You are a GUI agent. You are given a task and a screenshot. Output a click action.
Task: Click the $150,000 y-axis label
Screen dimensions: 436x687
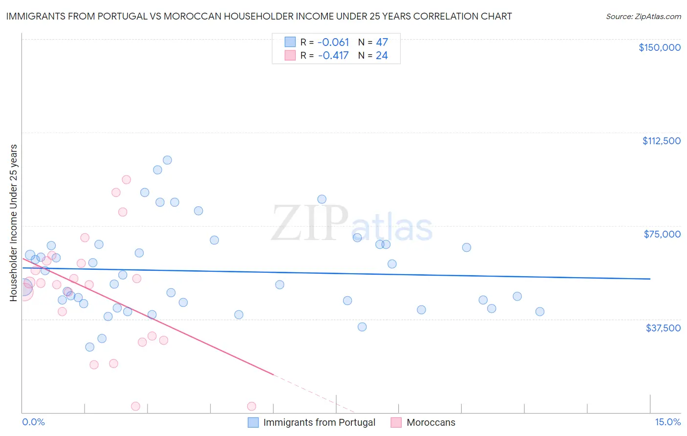coord(659,47)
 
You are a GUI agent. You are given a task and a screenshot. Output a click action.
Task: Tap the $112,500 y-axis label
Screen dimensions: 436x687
coord(661,141)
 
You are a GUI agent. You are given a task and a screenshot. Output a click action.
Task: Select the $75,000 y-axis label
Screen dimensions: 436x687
coord(662,234)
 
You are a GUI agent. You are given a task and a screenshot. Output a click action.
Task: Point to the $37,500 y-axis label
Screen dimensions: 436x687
coord(663,328)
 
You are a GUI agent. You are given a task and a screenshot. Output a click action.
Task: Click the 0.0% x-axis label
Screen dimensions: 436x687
coord(33,422)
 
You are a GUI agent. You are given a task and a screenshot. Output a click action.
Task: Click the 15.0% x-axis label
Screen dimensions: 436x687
coord(667,422)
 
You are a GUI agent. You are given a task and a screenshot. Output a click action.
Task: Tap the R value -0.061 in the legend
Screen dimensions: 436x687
coord(333,43)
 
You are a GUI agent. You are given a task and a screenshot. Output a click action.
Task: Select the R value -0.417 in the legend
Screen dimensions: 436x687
coord(333,56)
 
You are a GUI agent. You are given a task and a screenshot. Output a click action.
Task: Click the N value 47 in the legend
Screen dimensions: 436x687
coord(382,43)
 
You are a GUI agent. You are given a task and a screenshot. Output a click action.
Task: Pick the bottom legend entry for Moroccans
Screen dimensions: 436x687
coord(430,422)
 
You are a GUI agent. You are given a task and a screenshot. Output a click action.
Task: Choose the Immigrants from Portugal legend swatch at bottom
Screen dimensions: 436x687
coord(253,422)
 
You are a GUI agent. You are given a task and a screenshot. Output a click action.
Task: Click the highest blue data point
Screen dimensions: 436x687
coord(167,160)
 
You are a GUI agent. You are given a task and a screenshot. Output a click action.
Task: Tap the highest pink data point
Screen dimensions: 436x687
coord(126,179)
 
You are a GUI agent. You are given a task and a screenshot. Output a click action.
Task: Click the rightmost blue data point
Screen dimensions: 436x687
coord(539,311)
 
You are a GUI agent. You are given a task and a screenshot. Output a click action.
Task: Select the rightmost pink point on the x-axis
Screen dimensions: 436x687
coord(252,406)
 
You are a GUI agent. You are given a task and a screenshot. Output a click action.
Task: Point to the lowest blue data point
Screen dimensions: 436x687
coord(89,347)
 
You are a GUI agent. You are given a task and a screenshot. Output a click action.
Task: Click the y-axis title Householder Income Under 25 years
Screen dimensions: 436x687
coord(13,222)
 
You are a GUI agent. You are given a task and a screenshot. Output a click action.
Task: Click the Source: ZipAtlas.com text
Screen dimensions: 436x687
coord(643,17)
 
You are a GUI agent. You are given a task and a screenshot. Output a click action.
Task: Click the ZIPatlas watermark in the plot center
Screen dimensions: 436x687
coord(352,224)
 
